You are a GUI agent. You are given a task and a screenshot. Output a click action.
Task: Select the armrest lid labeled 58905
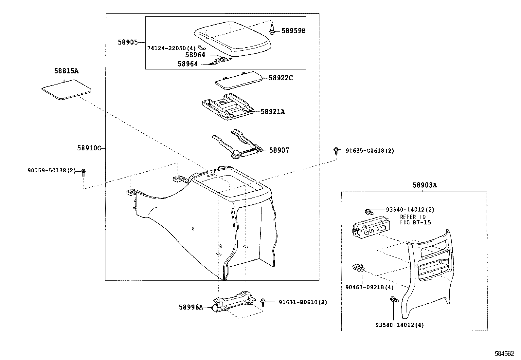click(x=232, y=40)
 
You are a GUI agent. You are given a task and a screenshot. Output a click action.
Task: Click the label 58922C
click(x=280, y=78)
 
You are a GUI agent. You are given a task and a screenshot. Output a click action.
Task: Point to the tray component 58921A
click(x=227, y=108)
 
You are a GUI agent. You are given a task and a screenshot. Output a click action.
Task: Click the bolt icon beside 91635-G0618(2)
click(x=336, y=151)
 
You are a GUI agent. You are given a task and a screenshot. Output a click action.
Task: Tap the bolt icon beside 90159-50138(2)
click(x=83, y=172)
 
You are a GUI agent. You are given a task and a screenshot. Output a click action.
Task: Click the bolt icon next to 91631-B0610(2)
click(x=263, y=302)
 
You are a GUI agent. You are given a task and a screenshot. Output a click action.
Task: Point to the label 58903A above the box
click(x=424, y=185)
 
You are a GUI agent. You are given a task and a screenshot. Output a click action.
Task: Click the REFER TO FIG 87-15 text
click(x=415, y=220)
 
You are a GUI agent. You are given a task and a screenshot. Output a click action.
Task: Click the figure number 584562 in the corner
click(x=504, y=354)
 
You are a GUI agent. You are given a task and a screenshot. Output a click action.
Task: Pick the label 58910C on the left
click(x=89, y=148)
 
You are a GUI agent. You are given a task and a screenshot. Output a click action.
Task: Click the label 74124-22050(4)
click(x=171, y=48)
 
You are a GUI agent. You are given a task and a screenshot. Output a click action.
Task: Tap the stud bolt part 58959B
click(x=272, y=29)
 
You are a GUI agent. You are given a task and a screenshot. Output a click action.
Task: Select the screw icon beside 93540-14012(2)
click(x=368, y=211)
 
